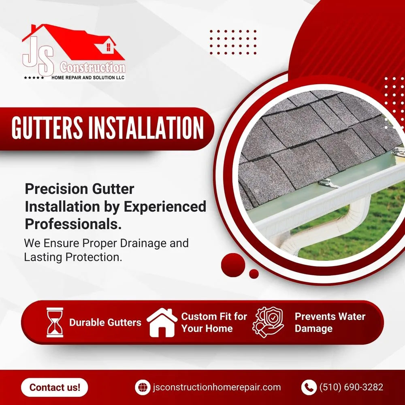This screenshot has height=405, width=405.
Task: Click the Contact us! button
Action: tap(54, 387)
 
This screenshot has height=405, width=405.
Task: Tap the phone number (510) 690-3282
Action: tap(351, 387)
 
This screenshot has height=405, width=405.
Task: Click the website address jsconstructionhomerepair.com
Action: tap(217, 387)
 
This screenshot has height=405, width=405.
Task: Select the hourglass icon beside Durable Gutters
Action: tap(55, 322)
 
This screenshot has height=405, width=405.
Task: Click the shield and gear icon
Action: tap(268, 322)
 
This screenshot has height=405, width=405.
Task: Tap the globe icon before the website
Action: tap(143, 387)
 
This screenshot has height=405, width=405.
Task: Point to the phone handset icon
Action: tap(309, 387)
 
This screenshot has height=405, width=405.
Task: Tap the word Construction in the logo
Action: tap(93, 67)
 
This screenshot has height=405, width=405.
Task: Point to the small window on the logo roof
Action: tap(108, 47)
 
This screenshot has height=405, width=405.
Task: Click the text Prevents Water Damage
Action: tap(330, 322)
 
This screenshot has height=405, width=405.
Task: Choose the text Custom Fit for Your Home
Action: tap(214, 322)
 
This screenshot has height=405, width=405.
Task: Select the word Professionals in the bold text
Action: tap(73, 224)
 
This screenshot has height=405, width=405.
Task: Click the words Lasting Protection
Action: tap(73, 257)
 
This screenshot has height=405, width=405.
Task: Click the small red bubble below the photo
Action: tap(254, 274)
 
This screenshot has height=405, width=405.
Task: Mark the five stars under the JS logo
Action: tap(34, 77)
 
